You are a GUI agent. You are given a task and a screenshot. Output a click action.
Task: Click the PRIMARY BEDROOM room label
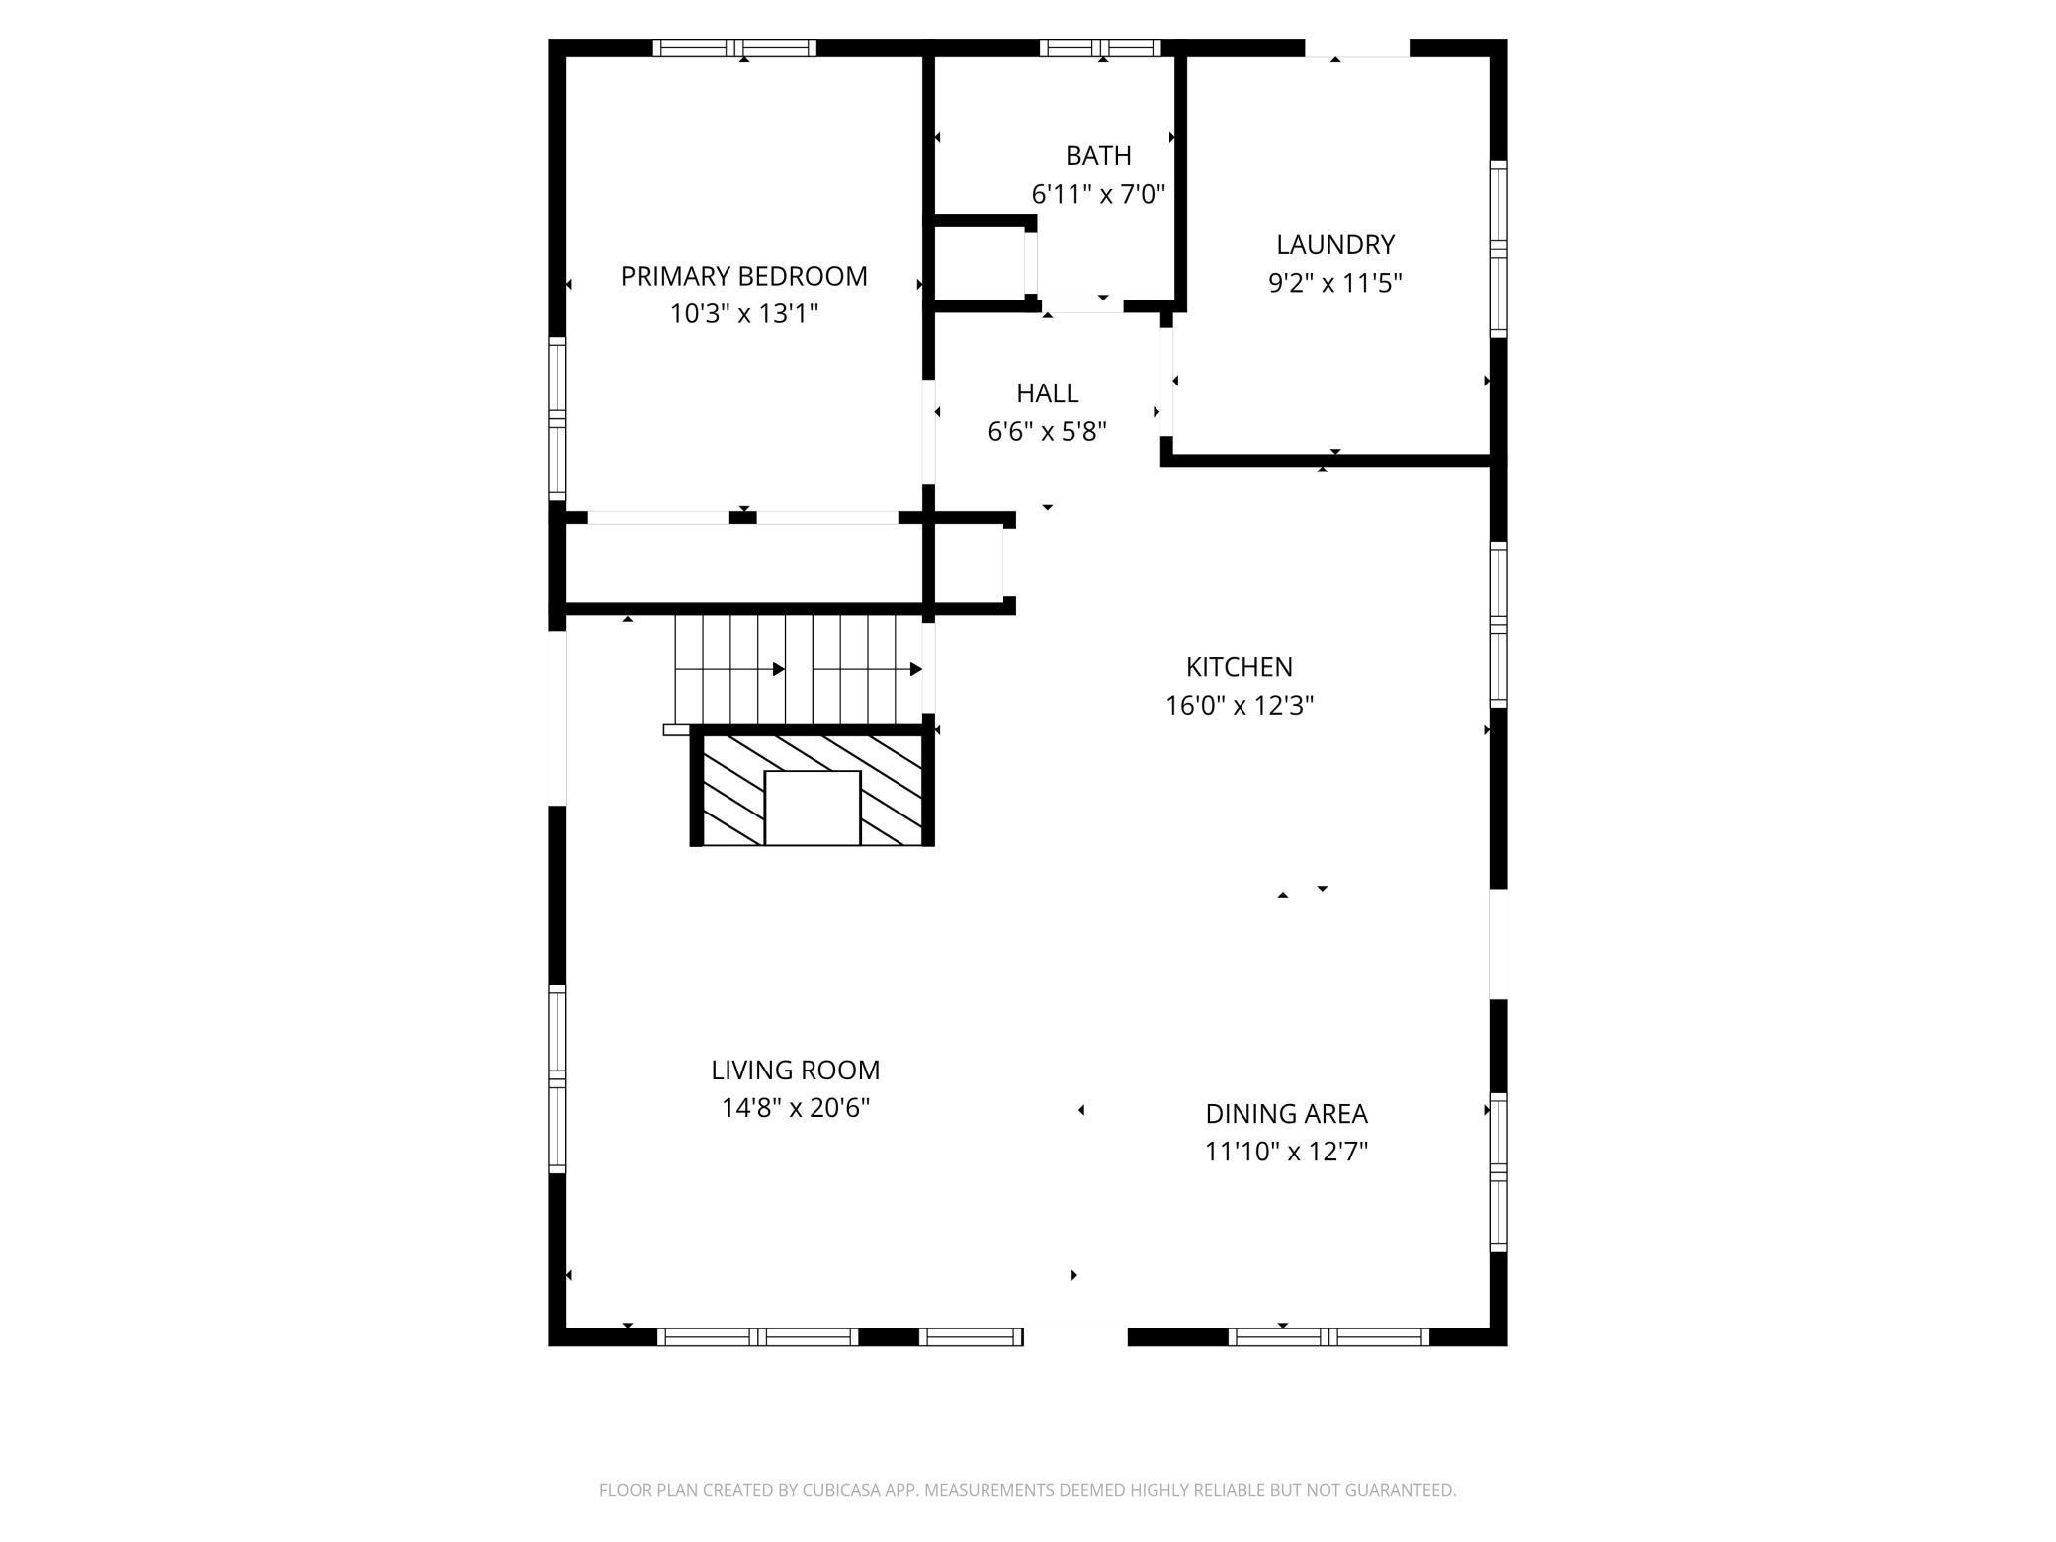[743, 276]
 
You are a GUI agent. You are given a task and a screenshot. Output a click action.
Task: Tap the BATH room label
[1098, 155]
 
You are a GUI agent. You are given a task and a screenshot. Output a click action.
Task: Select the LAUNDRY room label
[1335, 244]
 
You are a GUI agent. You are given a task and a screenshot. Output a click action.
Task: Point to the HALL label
[1047, 392]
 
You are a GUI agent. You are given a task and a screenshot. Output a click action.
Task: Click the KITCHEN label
[1240, 666]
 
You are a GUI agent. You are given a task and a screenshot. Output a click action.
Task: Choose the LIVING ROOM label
[795, 1070]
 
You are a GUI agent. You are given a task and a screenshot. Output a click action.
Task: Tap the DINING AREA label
[1286, 1113]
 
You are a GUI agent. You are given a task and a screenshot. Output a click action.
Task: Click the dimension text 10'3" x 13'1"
[744, 313]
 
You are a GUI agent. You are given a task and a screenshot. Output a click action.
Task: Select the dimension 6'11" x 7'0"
[1098, 194]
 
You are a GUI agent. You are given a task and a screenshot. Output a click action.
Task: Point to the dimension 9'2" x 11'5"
[1335, 283]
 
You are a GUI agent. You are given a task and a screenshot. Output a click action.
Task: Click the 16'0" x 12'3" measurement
[1240, 705]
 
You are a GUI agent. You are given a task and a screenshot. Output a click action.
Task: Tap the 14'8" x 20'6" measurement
[795, 1107]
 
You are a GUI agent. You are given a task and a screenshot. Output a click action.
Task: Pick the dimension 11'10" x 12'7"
[1286, 1152]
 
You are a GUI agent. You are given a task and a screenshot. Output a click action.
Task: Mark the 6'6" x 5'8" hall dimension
[1047, 431]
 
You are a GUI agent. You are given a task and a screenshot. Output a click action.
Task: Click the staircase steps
[799, 669]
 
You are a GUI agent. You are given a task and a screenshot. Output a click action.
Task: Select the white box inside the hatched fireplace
[813, 809]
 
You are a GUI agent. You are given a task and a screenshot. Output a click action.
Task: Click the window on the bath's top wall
[1100, 47]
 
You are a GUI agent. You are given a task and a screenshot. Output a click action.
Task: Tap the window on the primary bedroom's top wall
[734, 47]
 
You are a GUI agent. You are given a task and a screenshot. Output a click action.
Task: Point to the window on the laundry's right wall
[1499, 249]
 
